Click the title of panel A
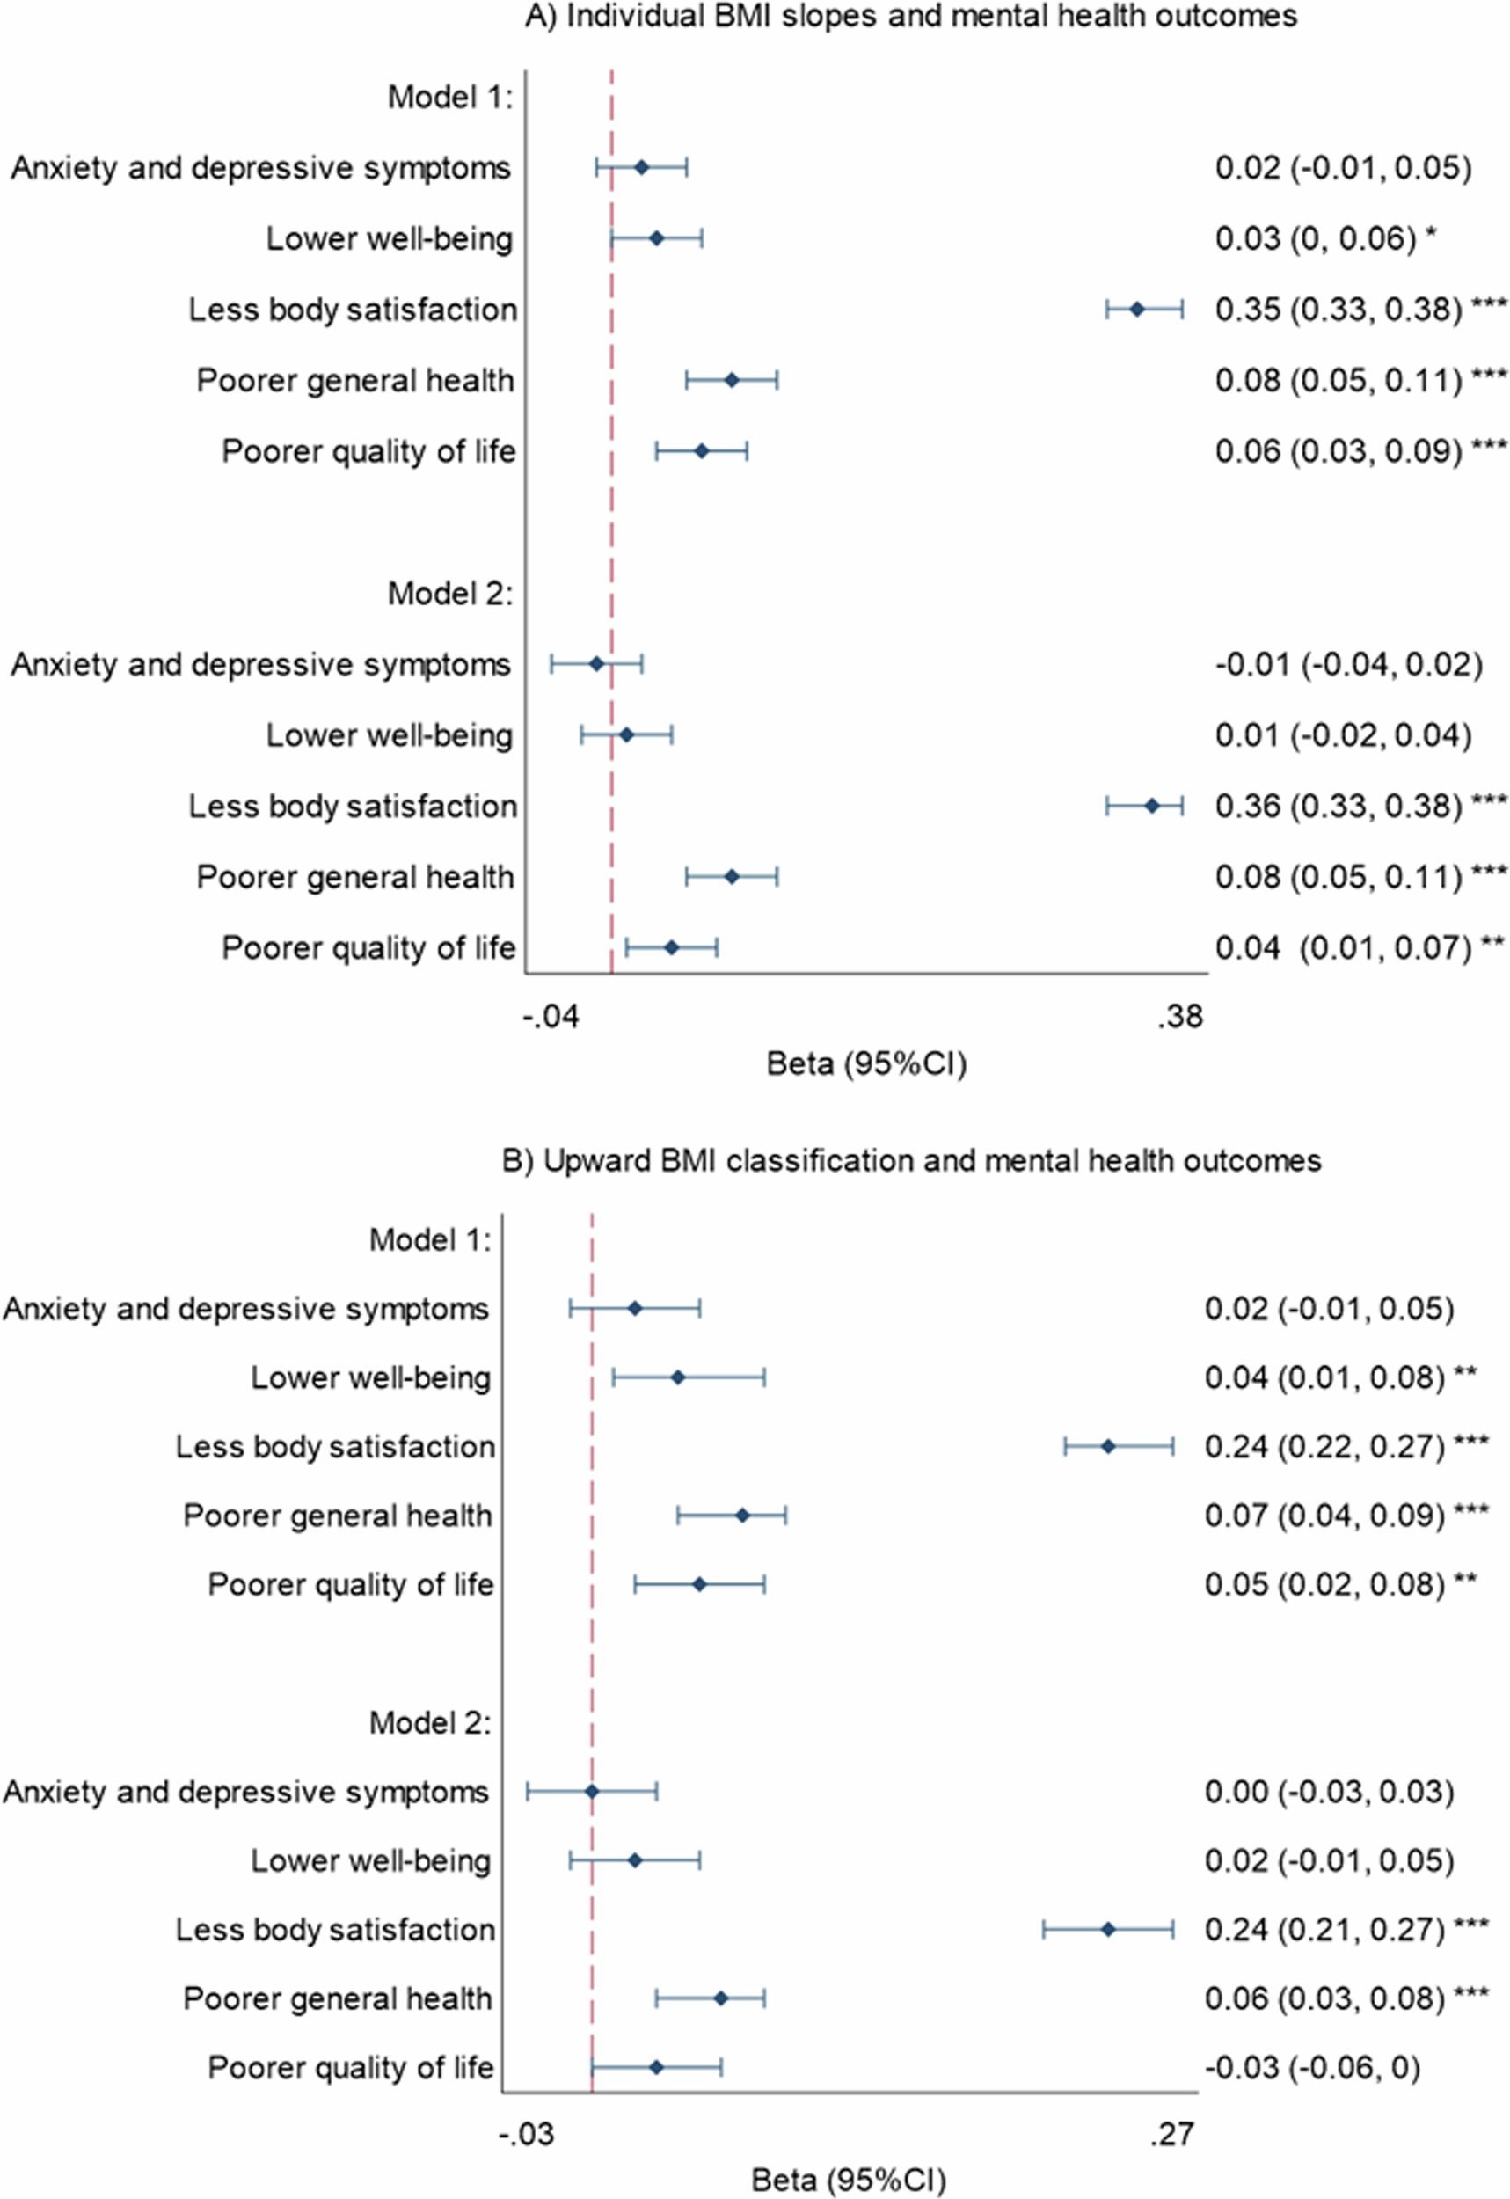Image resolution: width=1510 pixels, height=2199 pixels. [910, 16]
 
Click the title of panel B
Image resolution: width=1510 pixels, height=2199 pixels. [910, 1160]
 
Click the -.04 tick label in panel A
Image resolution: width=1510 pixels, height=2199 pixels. [550, 1017]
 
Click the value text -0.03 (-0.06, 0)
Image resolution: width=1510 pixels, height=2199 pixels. [1312, 2067]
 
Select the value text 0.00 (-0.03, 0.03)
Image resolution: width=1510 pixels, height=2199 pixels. [1328, 1791]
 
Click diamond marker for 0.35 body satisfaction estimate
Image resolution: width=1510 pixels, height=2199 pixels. [1137, 309]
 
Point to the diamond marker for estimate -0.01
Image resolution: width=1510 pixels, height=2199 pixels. [596, 664]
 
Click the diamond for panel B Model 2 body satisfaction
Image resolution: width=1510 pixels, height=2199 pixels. [1109, 1929]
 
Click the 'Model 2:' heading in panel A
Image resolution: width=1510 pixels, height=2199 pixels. [449, 593]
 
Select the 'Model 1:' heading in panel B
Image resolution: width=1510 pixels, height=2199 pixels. [430, 1239]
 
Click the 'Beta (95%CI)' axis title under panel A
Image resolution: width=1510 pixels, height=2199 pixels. [865, 1064]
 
